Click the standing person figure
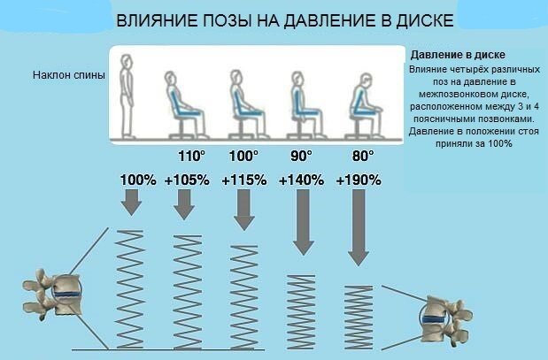127,95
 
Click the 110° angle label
191,157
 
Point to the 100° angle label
243,157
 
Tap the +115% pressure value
243,180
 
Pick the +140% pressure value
301,180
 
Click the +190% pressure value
359,180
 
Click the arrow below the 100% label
131,203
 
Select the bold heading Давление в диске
451,55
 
